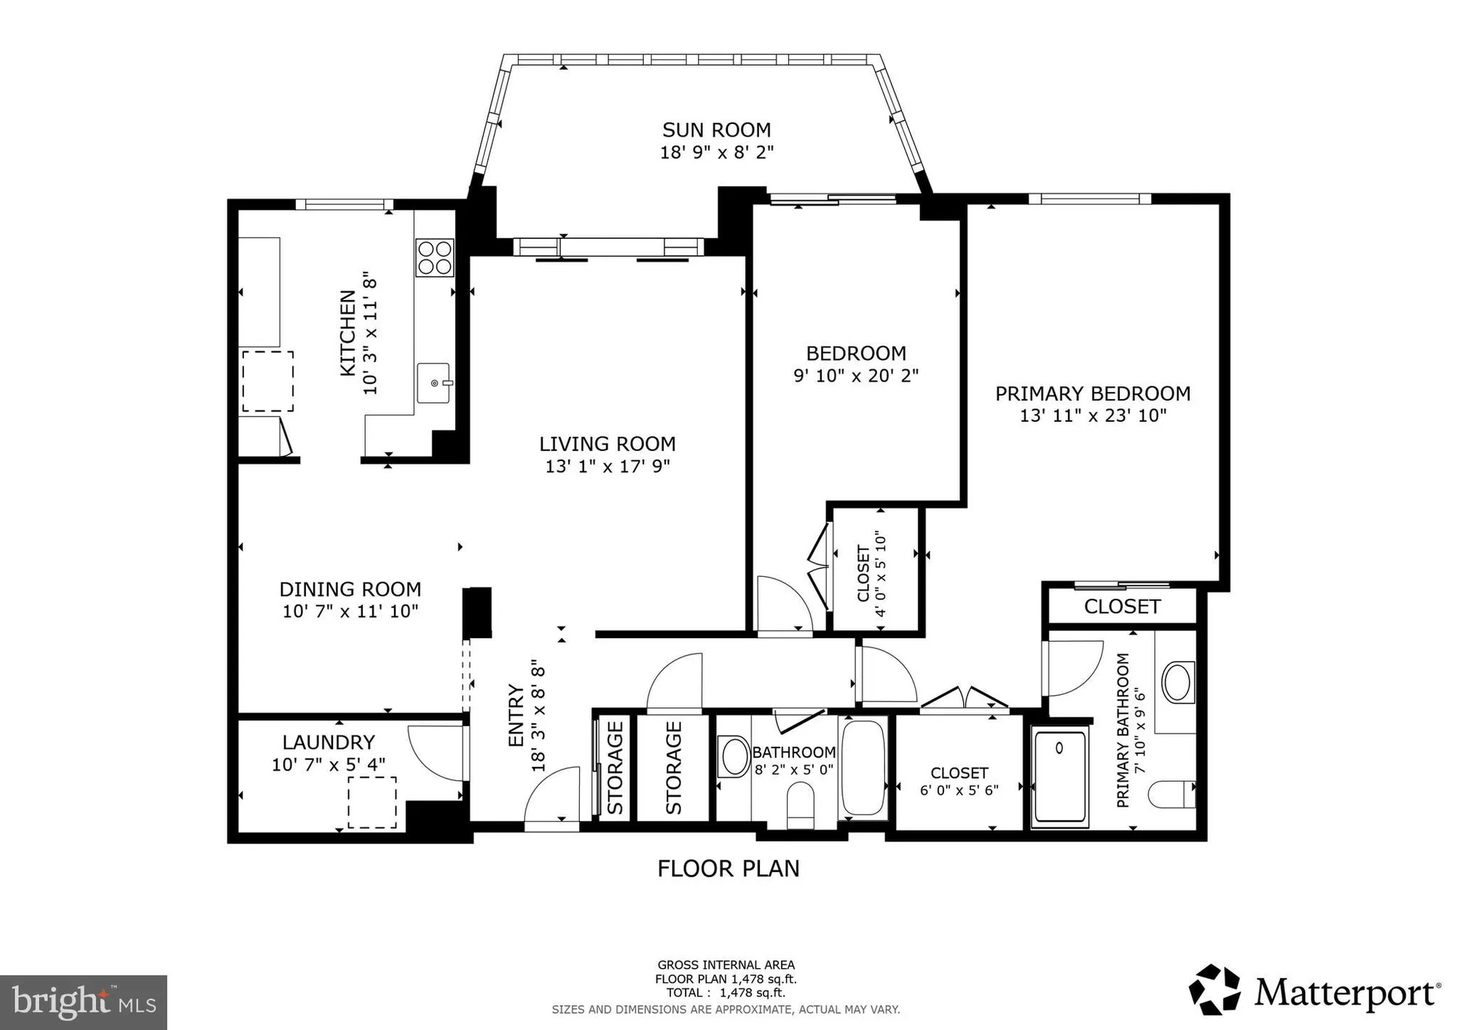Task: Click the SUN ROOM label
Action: [716, 130]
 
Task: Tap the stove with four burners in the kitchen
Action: [434, 258]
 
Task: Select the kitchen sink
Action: [433, 382]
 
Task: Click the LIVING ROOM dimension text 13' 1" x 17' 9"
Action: [607, 466]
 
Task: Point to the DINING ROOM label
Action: [350, 589]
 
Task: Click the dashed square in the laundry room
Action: [372, 802]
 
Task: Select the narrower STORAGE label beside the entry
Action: [615, 767]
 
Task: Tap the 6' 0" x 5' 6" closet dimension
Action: [959, 790]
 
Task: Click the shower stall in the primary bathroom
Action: [1060, 777]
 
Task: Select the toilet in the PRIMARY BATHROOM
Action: [1172, 794]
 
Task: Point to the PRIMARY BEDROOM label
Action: [1092, 393]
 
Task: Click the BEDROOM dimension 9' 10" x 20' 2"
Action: [855, 376]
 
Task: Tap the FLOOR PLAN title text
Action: [728, 868]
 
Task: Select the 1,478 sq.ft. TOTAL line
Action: [726, 993]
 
